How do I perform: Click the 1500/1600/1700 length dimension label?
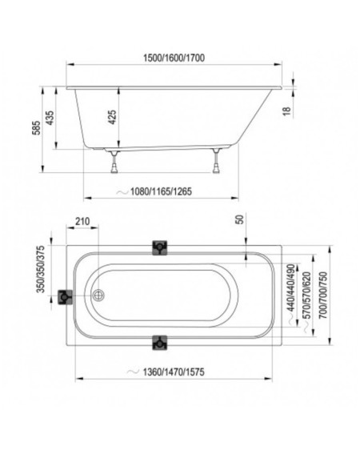click(174, 58)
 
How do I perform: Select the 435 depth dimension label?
click(50, 118)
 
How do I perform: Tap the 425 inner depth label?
click(112, 117)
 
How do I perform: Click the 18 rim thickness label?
click(286, 110)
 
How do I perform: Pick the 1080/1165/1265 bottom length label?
click(161, 191)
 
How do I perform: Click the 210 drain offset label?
click(82, 222)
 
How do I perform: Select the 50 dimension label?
click(240, 219)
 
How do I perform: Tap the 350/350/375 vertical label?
click(41, 269)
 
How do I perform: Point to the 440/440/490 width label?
click(291, 287)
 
